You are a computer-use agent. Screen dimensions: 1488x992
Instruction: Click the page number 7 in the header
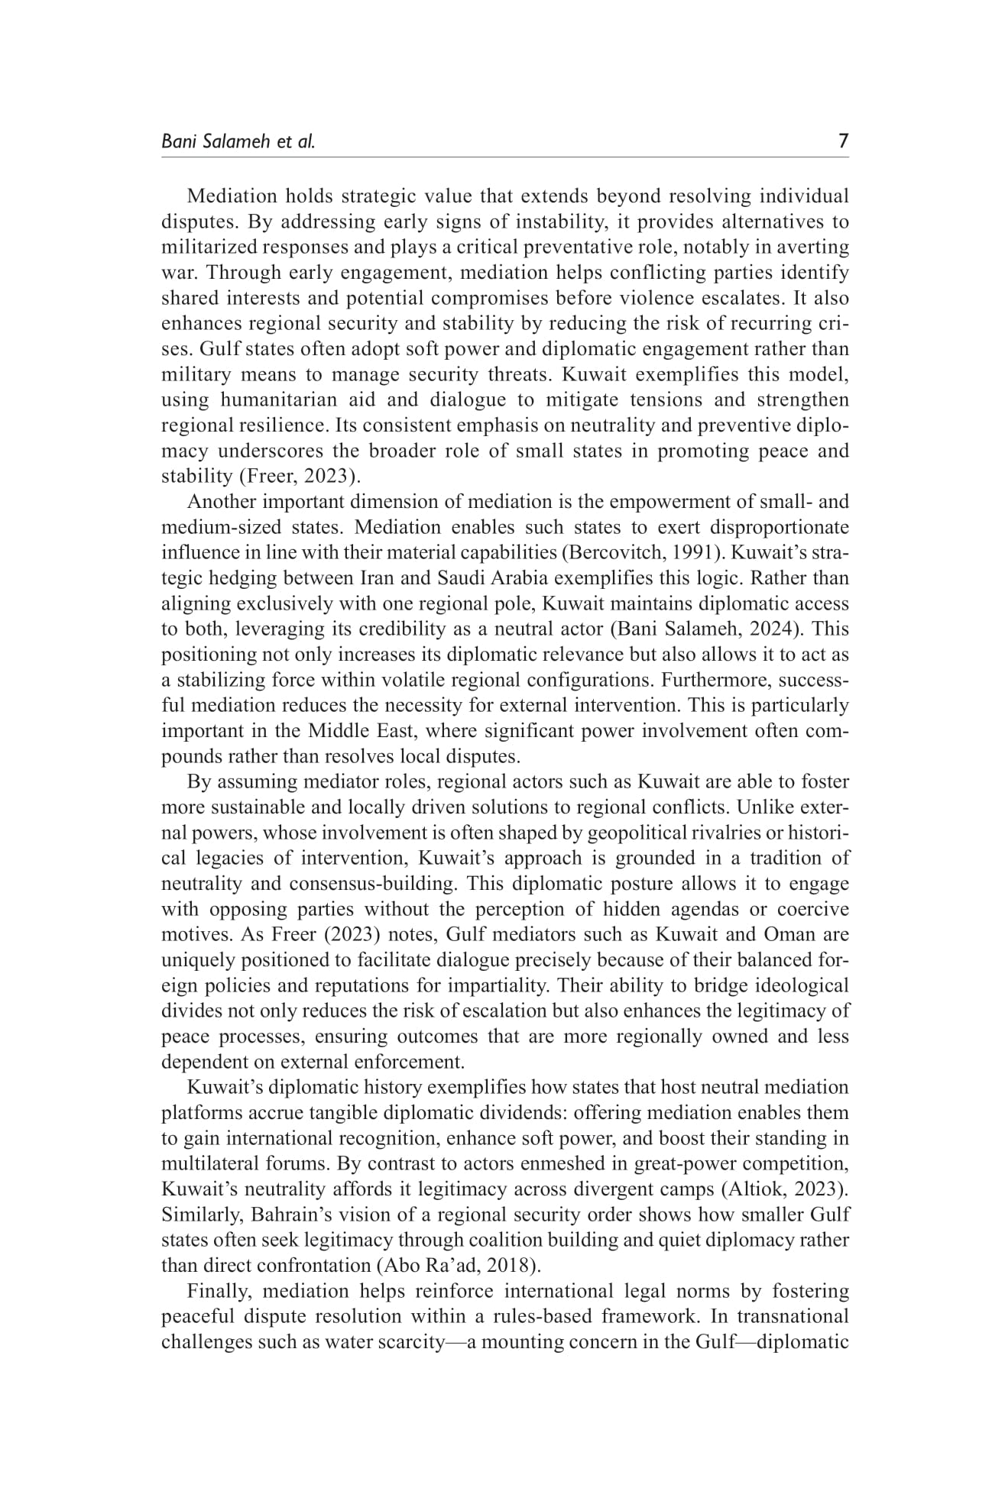843,141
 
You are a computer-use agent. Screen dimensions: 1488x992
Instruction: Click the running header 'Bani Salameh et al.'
238,141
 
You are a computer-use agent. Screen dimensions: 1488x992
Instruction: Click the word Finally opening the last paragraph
222,1292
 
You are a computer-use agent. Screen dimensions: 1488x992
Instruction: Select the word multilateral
205,1163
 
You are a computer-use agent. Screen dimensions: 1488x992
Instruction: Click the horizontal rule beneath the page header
504,158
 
